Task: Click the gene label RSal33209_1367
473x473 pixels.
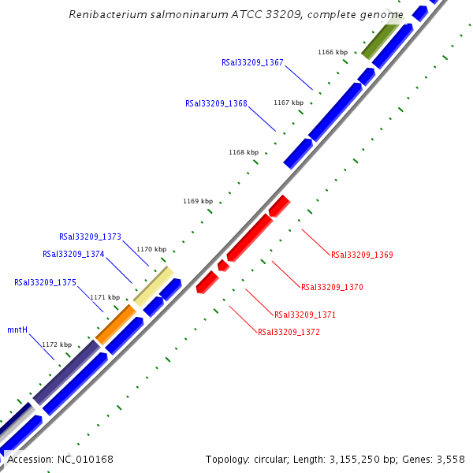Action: (252, 62)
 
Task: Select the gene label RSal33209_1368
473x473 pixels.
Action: (216, 103)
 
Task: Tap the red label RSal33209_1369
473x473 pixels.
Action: (362, 255)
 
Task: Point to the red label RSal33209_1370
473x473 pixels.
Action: (332, 287)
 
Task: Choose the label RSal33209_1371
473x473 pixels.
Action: (305, 315)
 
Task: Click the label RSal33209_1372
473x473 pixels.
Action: (289, 332)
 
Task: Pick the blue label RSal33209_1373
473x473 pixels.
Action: (90, 236)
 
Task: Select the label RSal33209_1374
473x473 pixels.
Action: (73, 254)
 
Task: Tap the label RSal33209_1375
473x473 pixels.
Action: (45, 282)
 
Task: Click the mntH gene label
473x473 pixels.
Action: (17, 330)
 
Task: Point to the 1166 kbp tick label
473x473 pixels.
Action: (333, 52)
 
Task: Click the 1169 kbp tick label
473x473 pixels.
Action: (198, 201)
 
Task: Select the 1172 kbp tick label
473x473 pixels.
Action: (57, 345)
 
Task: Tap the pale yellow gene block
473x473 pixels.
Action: (154, 285)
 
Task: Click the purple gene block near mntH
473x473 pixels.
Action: (65, 371)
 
